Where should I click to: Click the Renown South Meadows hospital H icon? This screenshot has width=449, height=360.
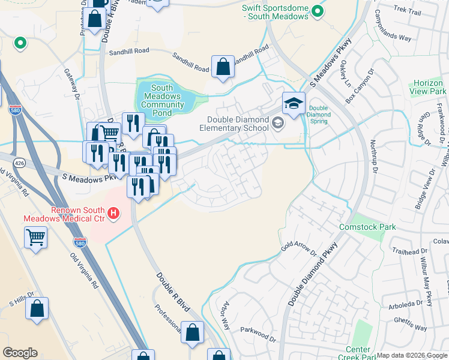(113, 212)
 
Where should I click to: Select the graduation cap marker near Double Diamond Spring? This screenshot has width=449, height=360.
(294, 104)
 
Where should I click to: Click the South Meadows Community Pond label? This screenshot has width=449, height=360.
(162, 97)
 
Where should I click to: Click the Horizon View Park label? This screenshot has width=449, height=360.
(429, 87)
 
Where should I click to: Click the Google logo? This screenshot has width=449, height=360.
(20, 353)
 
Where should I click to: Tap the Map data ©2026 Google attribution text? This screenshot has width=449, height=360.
(412, 355)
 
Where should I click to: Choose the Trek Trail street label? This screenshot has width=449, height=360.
(408, 10)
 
